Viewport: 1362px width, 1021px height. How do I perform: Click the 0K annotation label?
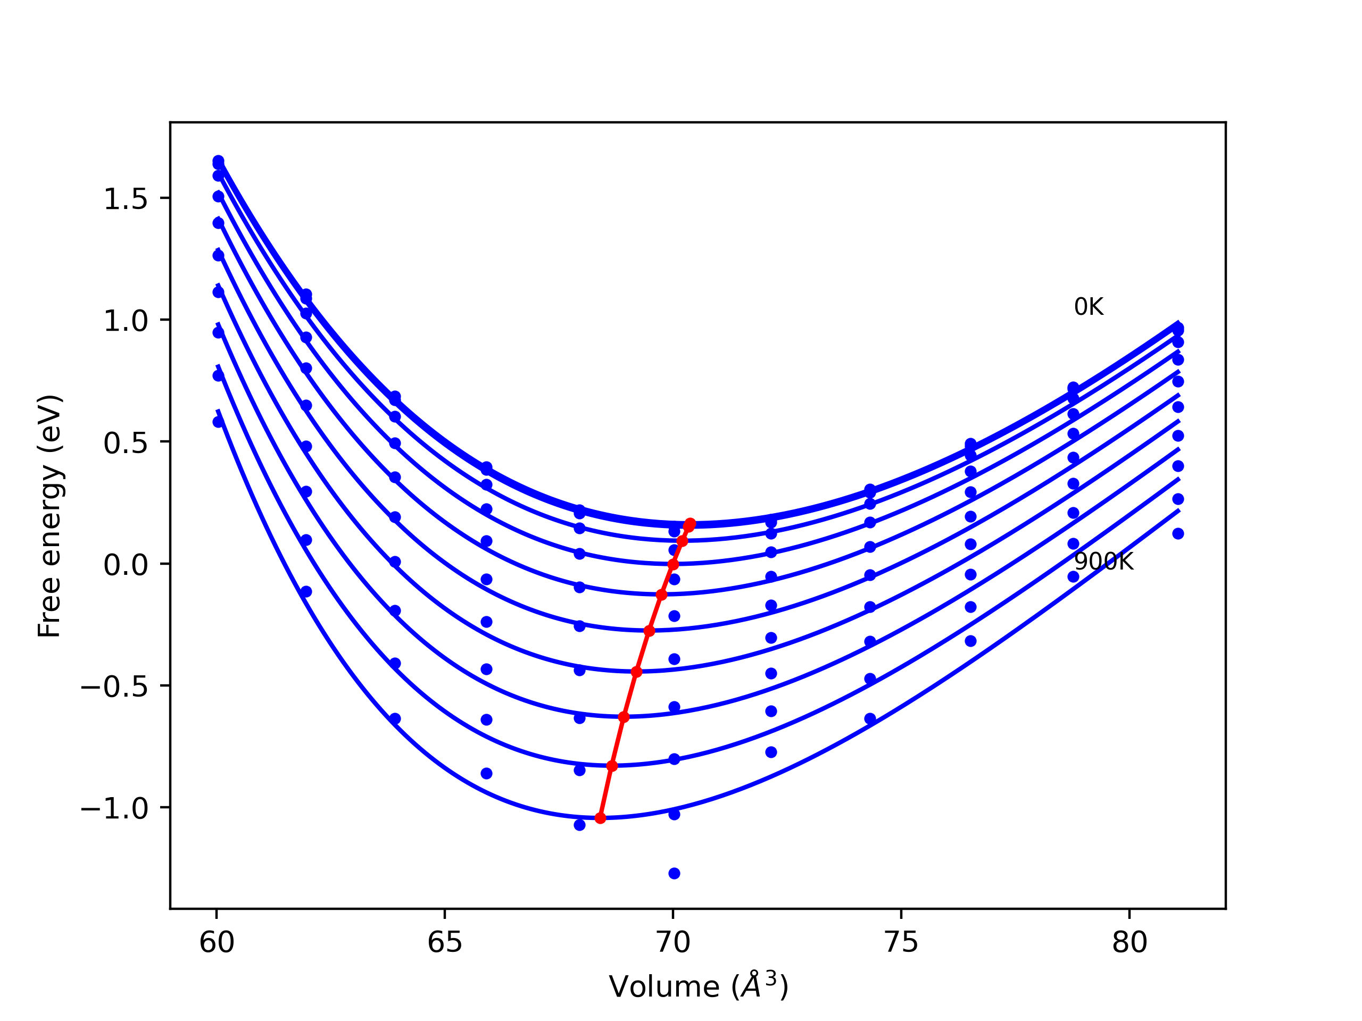tap(1089, 306)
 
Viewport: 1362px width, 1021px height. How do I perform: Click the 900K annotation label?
tap(1103, 562)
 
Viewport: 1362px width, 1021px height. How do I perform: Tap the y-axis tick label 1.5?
tap(125, 199)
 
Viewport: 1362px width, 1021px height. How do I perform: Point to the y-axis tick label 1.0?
tap(125, 321)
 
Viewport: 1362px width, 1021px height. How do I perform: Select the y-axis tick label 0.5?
tap(125, 443)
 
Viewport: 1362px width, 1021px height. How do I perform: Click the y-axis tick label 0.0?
tap(125, 565)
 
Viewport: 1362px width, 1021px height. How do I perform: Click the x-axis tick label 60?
tap(217, 943)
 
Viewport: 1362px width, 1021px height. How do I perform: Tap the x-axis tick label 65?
tap(445, 943)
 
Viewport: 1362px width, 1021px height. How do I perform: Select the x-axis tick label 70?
tap(673, 943)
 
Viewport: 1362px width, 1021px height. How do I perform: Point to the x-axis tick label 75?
tap(901, 943)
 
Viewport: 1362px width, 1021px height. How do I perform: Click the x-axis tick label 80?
tap(1130, 943)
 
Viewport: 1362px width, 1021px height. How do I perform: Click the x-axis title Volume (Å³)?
tap(698, 986)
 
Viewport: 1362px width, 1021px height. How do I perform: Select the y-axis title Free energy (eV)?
tap(49, 516)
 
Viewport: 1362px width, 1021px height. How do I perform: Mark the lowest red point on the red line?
tap(600, 818)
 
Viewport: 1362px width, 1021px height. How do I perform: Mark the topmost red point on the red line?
tap(690, 523)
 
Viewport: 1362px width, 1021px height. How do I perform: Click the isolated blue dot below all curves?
tap(674, 873)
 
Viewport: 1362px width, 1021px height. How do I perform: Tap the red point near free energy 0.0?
tap(673, 564)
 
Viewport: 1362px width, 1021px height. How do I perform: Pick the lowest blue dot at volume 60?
tap(218, 422)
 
